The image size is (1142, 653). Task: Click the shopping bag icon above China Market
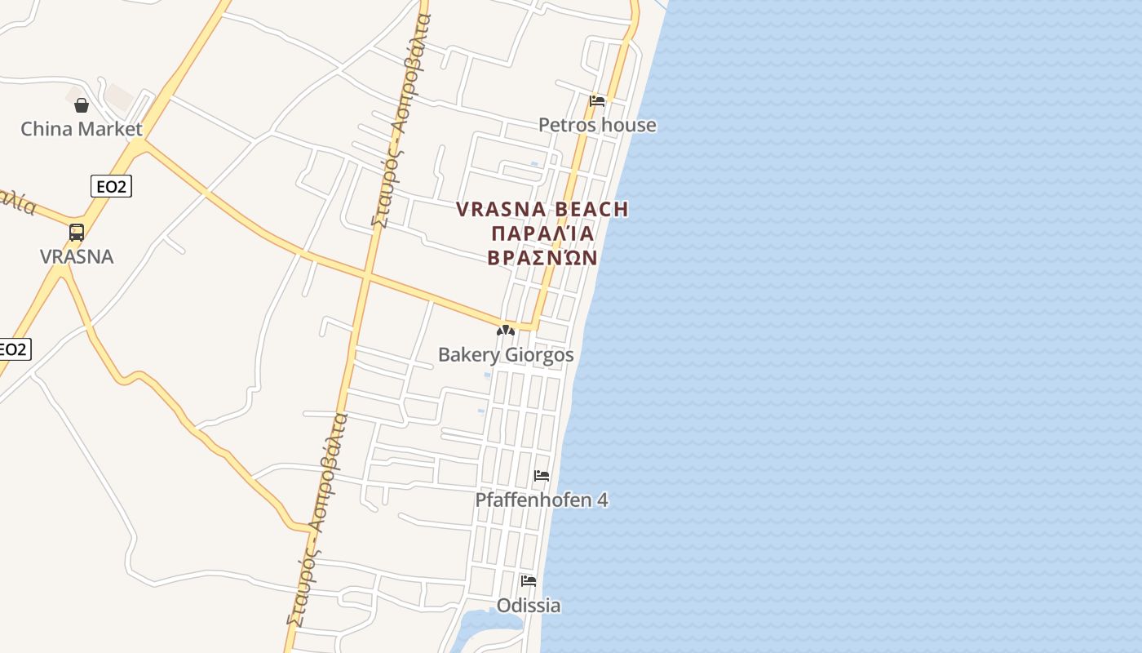[82, 105]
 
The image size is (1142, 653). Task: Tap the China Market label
[82, 129]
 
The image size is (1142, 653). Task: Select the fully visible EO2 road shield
[111, 187]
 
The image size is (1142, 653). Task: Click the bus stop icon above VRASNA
[77, 233]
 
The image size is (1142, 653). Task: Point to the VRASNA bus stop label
[77, 256]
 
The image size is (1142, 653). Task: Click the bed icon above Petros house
[597, 101]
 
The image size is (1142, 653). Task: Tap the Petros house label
[597, 125]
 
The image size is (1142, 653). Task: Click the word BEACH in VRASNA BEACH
[591, 210]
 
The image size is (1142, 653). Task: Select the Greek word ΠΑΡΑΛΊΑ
[542, 233]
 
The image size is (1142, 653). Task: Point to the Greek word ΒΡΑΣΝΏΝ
[542, 258]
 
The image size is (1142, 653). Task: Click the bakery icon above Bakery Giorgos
[506, 331]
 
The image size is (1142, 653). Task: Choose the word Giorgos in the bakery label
[539, 355]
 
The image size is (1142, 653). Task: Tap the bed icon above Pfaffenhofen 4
[542, 476]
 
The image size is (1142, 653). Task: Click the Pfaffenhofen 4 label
[542, 500]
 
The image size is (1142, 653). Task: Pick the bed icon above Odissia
[529, 581]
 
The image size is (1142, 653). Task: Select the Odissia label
[529, 606]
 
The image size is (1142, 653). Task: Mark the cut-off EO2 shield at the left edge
[13, 349]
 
